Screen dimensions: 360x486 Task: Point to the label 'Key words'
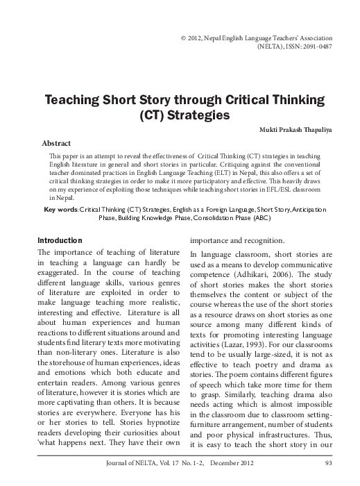(60, 209)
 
